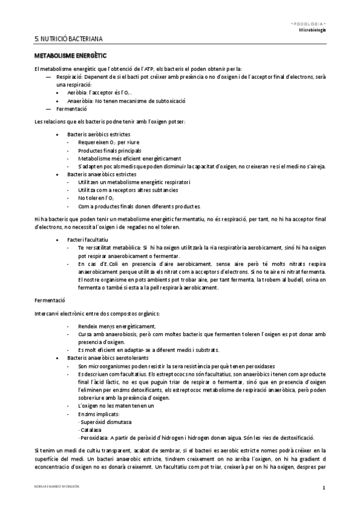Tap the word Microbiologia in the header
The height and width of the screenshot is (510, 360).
(312, 29)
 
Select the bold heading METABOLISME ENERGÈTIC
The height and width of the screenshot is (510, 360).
(66, 55)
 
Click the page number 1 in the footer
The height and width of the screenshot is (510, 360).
(324, 488)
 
